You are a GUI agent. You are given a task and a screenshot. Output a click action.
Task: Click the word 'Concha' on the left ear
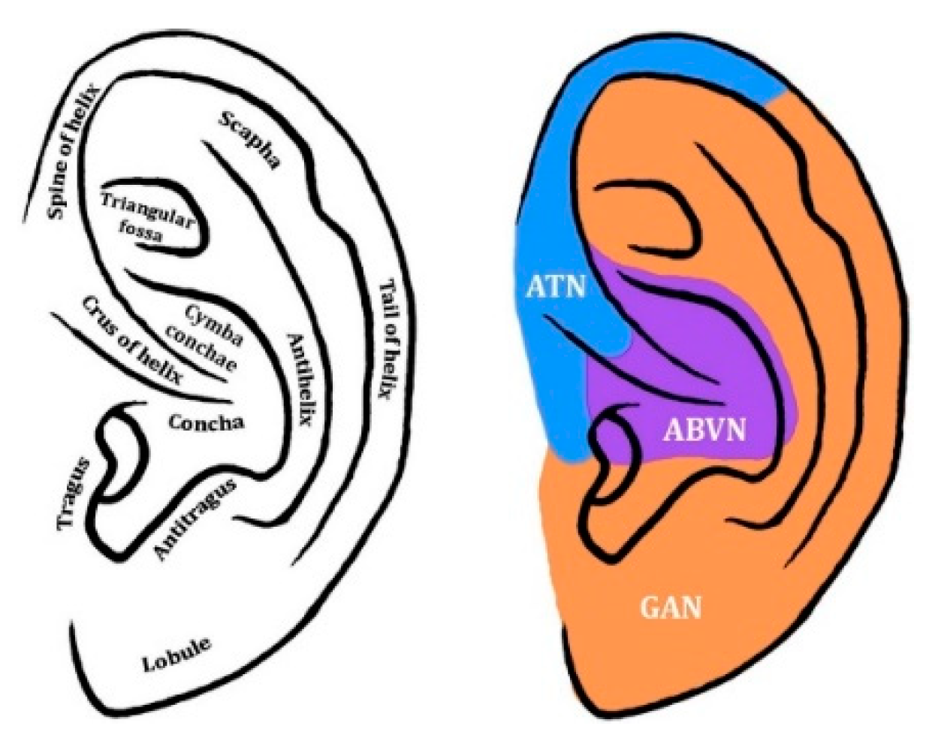pos(206,422)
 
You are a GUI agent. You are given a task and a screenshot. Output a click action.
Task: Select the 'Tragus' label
pos(74,492)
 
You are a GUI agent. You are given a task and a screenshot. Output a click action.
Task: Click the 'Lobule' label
pos(176,655)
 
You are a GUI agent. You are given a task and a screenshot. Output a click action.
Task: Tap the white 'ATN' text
pos(556,286)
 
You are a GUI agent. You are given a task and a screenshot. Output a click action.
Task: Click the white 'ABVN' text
pos(704,430)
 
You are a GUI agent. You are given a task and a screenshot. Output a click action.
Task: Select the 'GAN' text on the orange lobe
pos(671,606)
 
